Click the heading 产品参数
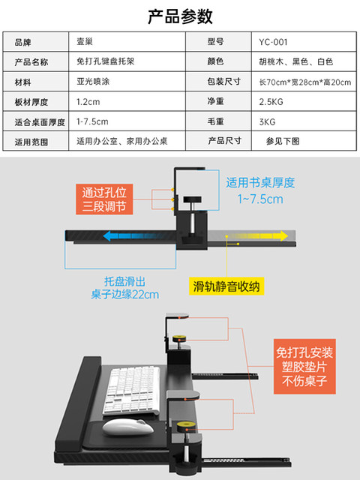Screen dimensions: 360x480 pos(180,16)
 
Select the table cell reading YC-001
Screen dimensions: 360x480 pos(273,42)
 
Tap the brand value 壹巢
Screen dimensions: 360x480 pos(85,42)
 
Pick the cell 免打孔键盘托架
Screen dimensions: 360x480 pos(105,61)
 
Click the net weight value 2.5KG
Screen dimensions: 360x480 pos(271,102)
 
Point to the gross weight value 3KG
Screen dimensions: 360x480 pos(267,121)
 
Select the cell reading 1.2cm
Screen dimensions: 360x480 pos(88,102)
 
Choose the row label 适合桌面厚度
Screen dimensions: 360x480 pos(40,122)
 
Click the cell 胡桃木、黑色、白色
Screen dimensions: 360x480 pos(296,61)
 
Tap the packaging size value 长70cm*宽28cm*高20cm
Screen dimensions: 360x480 pos(305,82)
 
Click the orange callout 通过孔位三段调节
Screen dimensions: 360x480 pos(104,199)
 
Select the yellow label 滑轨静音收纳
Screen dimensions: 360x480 pos(226,286)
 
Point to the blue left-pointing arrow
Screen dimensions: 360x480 pos(135,236)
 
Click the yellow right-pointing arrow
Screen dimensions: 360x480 pos(257,236)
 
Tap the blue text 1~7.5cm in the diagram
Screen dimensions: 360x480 pos(260,199)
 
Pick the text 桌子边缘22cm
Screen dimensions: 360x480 pos(125,295)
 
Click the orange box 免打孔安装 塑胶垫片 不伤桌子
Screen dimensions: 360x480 pos(304,367)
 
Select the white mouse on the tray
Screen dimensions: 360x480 pos(128,427)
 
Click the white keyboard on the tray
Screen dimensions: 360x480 pos(132,391)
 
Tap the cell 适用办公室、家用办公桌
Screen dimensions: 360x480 pos(121,141)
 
